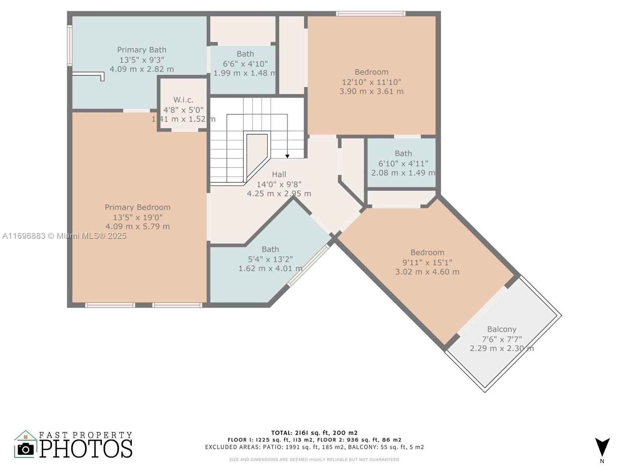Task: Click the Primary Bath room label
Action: (x=142, y=50)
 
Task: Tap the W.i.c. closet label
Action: (x=184, y=100)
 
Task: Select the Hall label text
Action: (x=279, y=174)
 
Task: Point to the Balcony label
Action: (x=502, y=330)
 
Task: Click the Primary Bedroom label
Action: (x=138, y=207)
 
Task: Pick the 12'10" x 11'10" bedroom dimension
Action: (x=372, y=82)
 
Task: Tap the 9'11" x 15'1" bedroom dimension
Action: (x=427, y=262)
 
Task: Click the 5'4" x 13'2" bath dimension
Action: (x=270, y=259)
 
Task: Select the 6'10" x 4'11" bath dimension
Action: (x=403, y=164)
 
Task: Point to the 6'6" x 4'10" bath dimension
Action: (x=245, y=64)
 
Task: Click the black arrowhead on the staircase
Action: (x=287, y=156)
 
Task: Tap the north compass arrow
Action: (x=602, y=447)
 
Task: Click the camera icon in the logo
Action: (x=26, y=449)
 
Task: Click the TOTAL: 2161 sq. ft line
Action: (x=314, y=433)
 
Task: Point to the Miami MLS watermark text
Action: (x=64, y=236)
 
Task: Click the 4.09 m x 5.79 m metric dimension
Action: (x=138, y=227)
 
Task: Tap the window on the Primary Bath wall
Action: (x=69, y=45)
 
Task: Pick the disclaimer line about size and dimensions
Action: (x=314, y=460)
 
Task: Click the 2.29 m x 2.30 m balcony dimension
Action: (x=502, y=348)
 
